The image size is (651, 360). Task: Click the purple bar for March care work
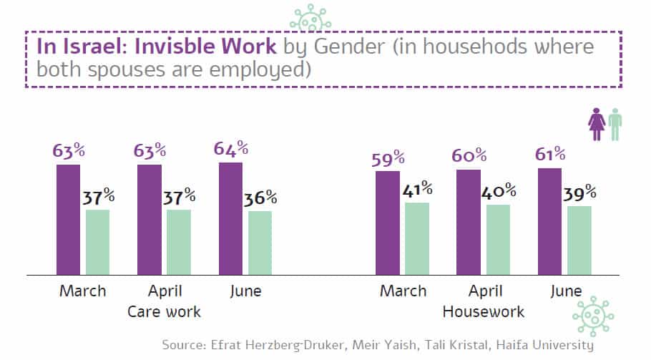69,220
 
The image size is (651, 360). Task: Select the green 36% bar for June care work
260,243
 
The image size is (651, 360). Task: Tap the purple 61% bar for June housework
549,221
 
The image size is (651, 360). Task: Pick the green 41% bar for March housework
416,238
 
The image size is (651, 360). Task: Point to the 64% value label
231,149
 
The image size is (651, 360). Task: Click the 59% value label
388,158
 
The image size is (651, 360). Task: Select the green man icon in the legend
615,124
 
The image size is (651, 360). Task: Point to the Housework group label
484,312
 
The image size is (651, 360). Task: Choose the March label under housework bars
402,291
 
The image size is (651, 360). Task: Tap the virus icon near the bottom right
593,316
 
